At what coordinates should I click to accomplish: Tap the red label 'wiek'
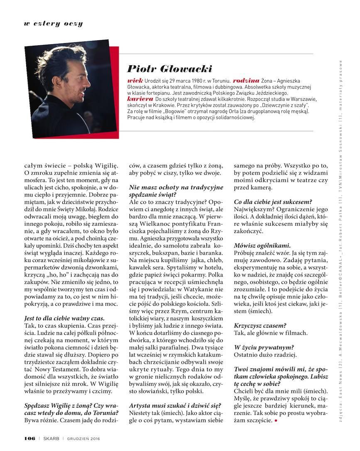click(135, 80)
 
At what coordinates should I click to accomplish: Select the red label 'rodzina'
click(246, 80)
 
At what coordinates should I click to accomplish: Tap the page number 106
click(29, 438)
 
